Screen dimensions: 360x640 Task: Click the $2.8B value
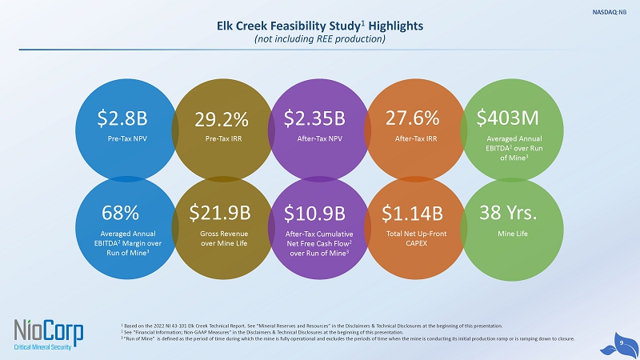pos(122,119)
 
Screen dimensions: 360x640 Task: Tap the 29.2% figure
pos(221,120)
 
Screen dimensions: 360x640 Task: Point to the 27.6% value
pos(412,119)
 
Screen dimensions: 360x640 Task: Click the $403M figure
pos(507,119)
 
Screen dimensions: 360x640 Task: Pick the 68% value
pos(122,214)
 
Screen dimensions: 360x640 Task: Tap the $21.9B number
pos(220,214)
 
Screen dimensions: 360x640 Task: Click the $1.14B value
pos(412,214)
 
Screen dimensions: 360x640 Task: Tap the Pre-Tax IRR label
pos(221,138)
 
